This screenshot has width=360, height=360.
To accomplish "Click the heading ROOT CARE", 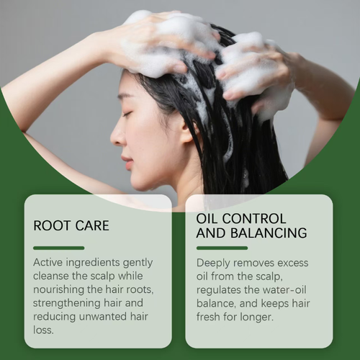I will pos(71,225).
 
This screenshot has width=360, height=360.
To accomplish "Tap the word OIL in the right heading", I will pos(208,217).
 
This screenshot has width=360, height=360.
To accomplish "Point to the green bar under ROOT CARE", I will pos(58,248).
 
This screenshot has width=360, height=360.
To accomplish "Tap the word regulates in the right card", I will pos(221,290).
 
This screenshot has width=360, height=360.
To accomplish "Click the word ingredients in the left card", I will pos(100,263).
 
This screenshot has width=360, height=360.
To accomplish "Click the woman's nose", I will pos(116,135).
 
